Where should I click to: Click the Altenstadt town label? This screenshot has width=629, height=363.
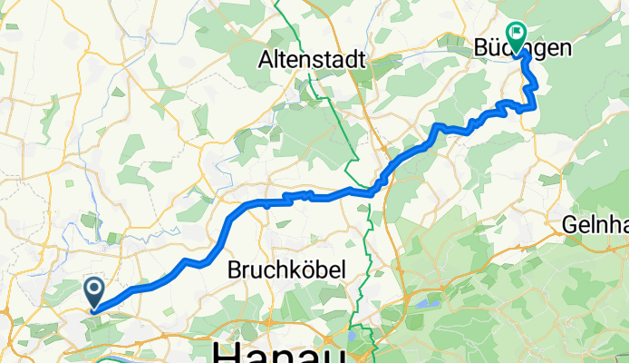click(x=312, y=60)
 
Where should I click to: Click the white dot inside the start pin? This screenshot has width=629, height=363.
click(x=94, y=289)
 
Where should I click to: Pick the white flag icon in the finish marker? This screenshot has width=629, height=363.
click(x=518, y=34)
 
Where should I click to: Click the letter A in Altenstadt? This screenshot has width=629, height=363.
click(x=266, y=60)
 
